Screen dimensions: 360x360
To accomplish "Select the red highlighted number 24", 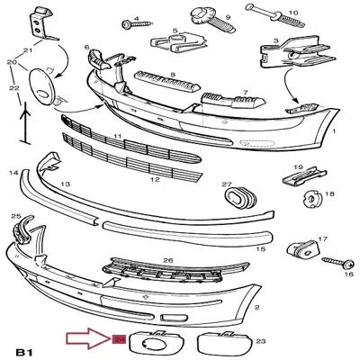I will tap(118, 340).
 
